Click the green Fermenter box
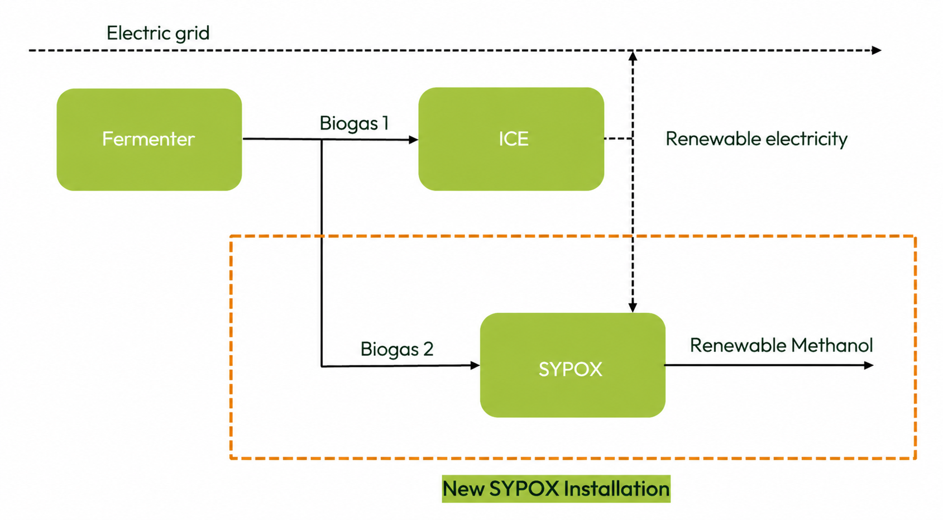coord(149,139)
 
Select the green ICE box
coord(511,139)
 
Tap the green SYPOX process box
coord(572,365)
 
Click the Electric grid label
coord(158,33)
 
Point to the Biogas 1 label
coord(354,123)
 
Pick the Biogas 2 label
coord(396,349)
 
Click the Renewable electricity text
coord(756,139)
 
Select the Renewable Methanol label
coord(781,345)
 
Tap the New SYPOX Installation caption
coord(556,489)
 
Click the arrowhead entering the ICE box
coord(414,140)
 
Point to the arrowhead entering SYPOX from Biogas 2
coord(475,365)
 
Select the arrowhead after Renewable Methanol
coord(869,365)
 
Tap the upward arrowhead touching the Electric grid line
coord(633,56)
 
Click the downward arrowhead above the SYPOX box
coord(633,307)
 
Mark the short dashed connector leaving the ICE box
coord(618,139)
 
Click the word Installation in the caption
coord(616,489)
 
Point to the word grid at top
coord(192,34)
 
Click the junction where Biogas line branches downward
coord(322,140)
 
